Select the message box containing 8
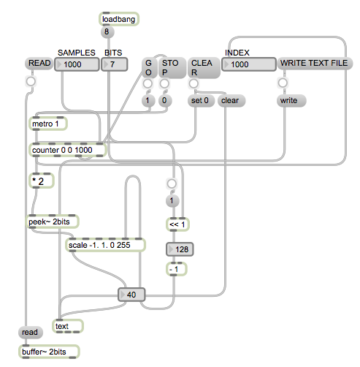pos(108,32)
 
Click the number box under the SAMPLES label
pos(78,65)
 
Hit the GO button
pos(148,69)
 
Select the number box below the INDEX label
pos(248,65)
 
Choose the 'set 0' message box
pos(200,100)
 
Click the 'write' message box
pos(288,100)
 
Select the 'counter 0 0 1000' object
pos(68,150)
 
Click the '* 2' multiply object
pos(40,180)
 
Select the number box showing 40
pos(131,295)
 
